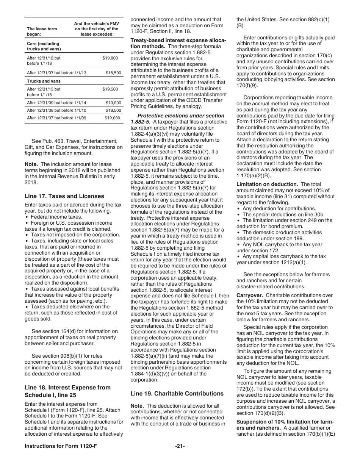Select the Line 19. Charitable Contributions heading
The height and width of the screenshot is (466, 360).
tap(177, 393)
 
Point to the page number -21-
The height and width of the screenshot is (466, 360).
tap(180, 446)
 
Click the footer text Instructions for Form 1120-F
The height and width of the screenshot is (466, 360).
tap(61, 446)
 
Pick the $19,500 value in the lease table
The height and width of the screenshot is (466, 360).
tap(110, 89)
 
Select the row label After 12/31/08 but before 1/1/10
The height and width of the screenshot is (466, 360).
tap(56, 110)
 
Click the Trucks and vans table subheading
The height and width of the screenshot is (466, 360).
tap(44, 81)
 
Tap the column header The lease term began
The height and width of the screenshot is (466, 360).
tap(42, 31)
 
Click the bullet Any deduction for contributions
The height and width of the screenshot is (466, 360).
tap(279, 208)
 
